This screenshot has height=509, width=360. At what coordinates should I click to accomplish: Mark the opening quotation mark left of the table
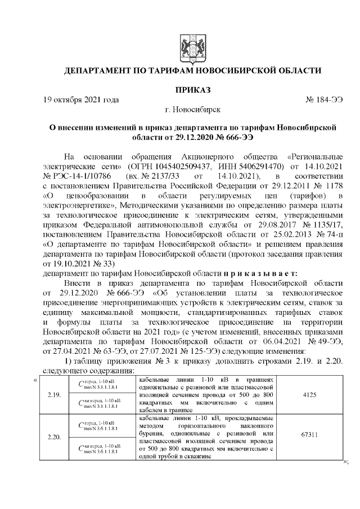coord(35,380)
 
